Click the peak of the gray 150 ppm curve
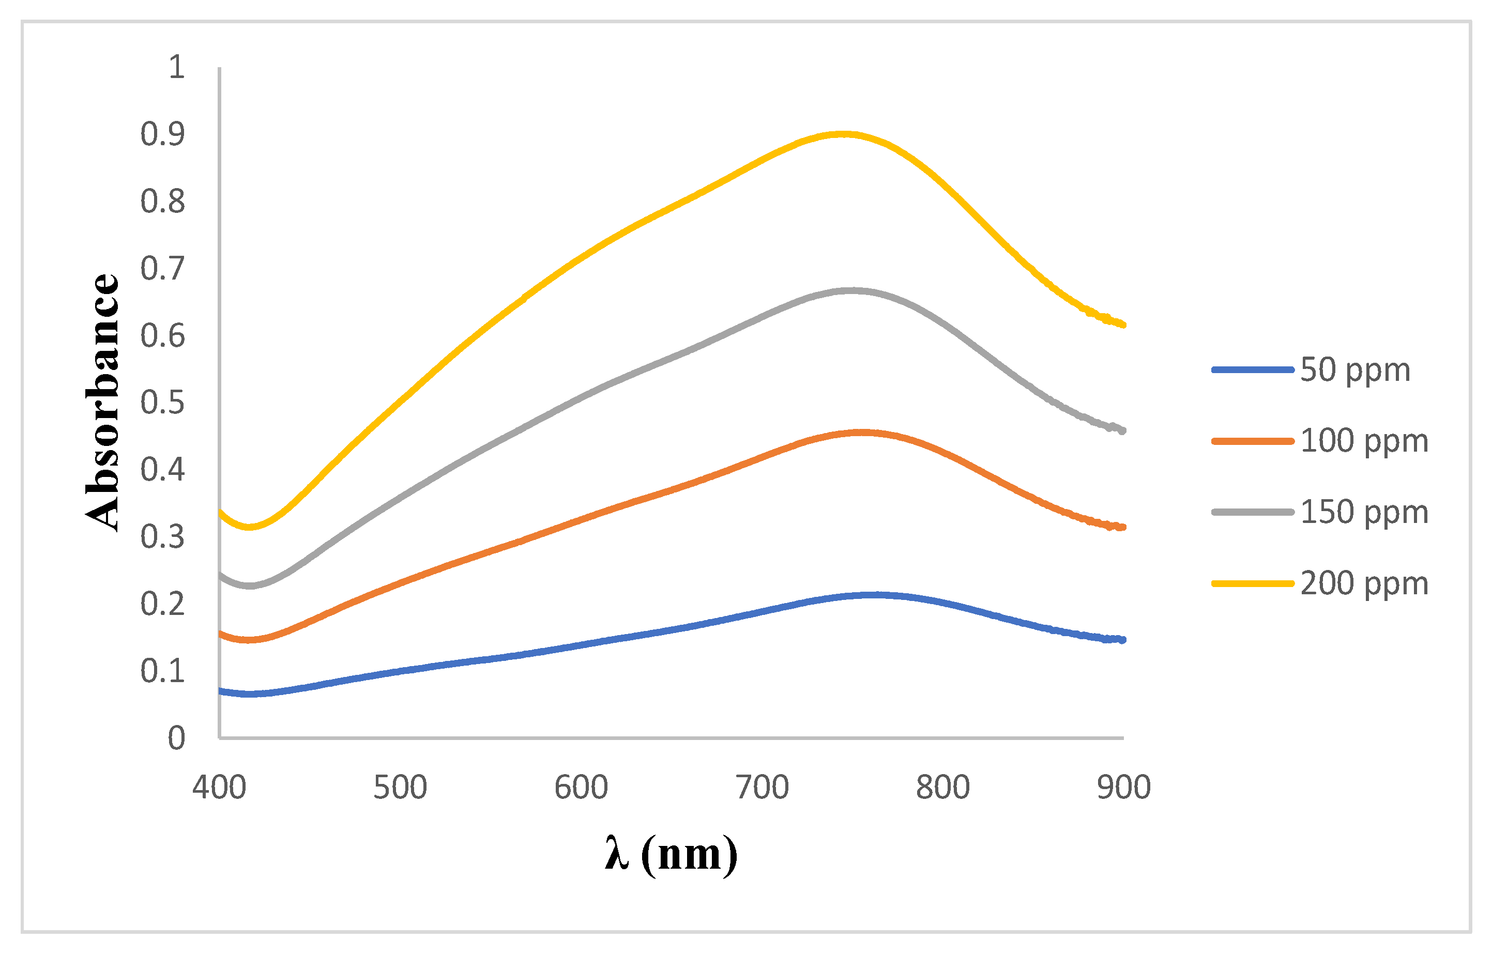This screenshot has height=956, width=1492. click(852, 290)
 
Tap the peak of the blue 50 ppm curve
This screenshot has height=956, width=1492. click(875, 595)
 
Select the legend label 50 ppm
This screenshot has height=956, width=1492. click(1356, 371)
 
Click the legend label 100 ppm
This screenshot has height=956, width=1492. click(1364, 441)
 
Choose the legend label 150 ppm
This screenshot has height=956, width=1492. click(1364, 513)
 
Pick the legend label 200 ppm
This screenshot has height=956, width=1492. click(1364, 584)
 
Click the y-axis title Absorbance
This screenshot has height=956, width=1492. click(102, 402)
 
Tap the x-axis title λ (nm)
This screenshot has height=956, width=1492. click(671, 855)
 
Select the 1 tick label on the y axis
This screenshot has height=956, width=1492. click(176, 67)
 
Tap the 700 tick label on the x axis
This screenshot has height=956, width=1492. click(762, 788)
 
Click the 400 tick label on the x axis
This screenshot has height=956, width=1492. click(219, 788)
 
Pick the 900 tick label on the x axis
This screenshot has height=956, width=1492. click(1124, 788)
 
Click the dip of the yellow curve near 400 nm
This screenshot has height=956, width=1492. click(250, 527)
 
